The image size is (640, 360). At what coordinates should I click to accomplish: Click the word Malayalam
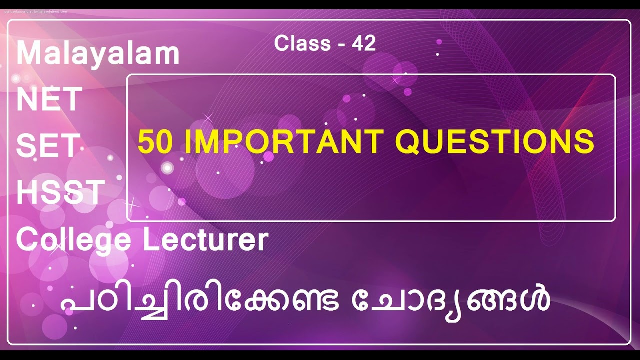98,54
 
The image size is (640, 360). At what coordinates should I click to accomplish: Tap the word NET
49,99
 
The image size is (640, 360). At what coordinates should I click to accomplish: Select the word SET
48,145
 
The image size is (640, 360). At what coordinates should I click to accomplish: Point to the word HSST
60,192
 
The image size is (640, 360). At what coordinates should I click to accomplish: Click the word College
73,240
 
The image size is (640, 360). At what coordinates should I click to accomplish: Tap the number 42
364,44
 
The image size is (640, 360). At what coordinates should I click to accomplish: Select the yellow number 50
155,142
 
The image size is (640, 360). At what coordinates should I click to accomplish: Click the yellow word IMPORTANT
284,142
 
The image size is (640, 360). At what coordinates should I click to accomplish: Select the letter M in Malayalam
28,54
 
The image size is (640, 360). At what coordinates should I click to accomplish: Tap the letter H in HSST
26,192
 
